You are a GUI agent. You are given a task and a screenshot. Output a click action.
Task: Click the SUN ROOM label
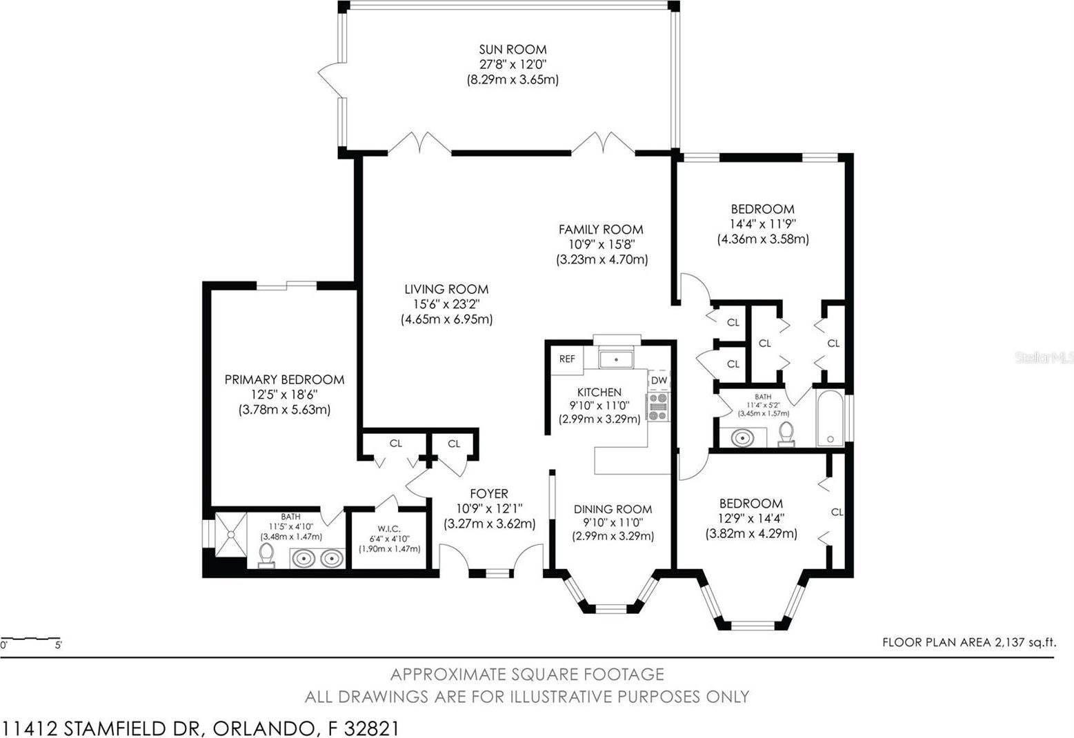pyautogui.click(x=513, y=49)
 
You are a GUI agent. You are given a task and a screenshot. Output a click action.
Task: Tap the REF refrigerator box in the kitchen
pyautogui.click(x=567, y=359)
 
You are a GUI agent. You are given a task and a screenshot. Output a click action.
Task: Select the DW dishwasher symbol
pyautogui.click(x=659, y=380)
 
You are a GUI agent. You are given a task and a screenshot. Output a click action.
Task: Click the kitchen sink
pyautogui.click(x=616, y=359)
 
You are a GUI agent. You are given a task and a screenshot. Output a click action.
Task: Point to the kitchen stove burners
pyautogui.click(x=657, y=406)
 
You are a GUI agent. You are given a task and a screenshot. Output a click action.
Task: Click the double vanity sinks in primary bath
pyautogui.click(x=317, y=557)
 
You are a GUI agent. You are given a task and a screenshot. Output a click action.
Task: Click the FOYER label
pyautogui.click(x=489, y=494)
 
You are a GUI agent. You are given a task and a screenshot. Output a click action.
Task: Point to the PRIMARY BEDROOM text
pyautogui.click(x=284, y=379)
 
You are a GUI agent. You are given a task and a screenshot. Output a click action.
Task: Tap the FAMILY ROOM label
pyautogui.click(x=601, y=230)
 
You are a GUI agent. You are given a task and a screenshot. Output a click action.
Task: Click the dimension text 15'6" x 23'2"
pyautogui.click(x=446, y=304)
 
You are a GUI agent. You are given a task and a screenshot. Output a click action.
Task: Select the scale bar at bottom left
pyautogui.click(x=31, y=639)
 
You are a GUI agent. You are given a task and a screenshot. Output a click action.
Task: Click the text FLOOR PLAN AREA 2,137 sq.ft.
pyautogui.click(x=968, y=643)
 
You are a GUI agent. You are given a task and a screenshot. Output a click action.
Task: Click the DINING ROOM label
pyautogui.click(x=613, y=509)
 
